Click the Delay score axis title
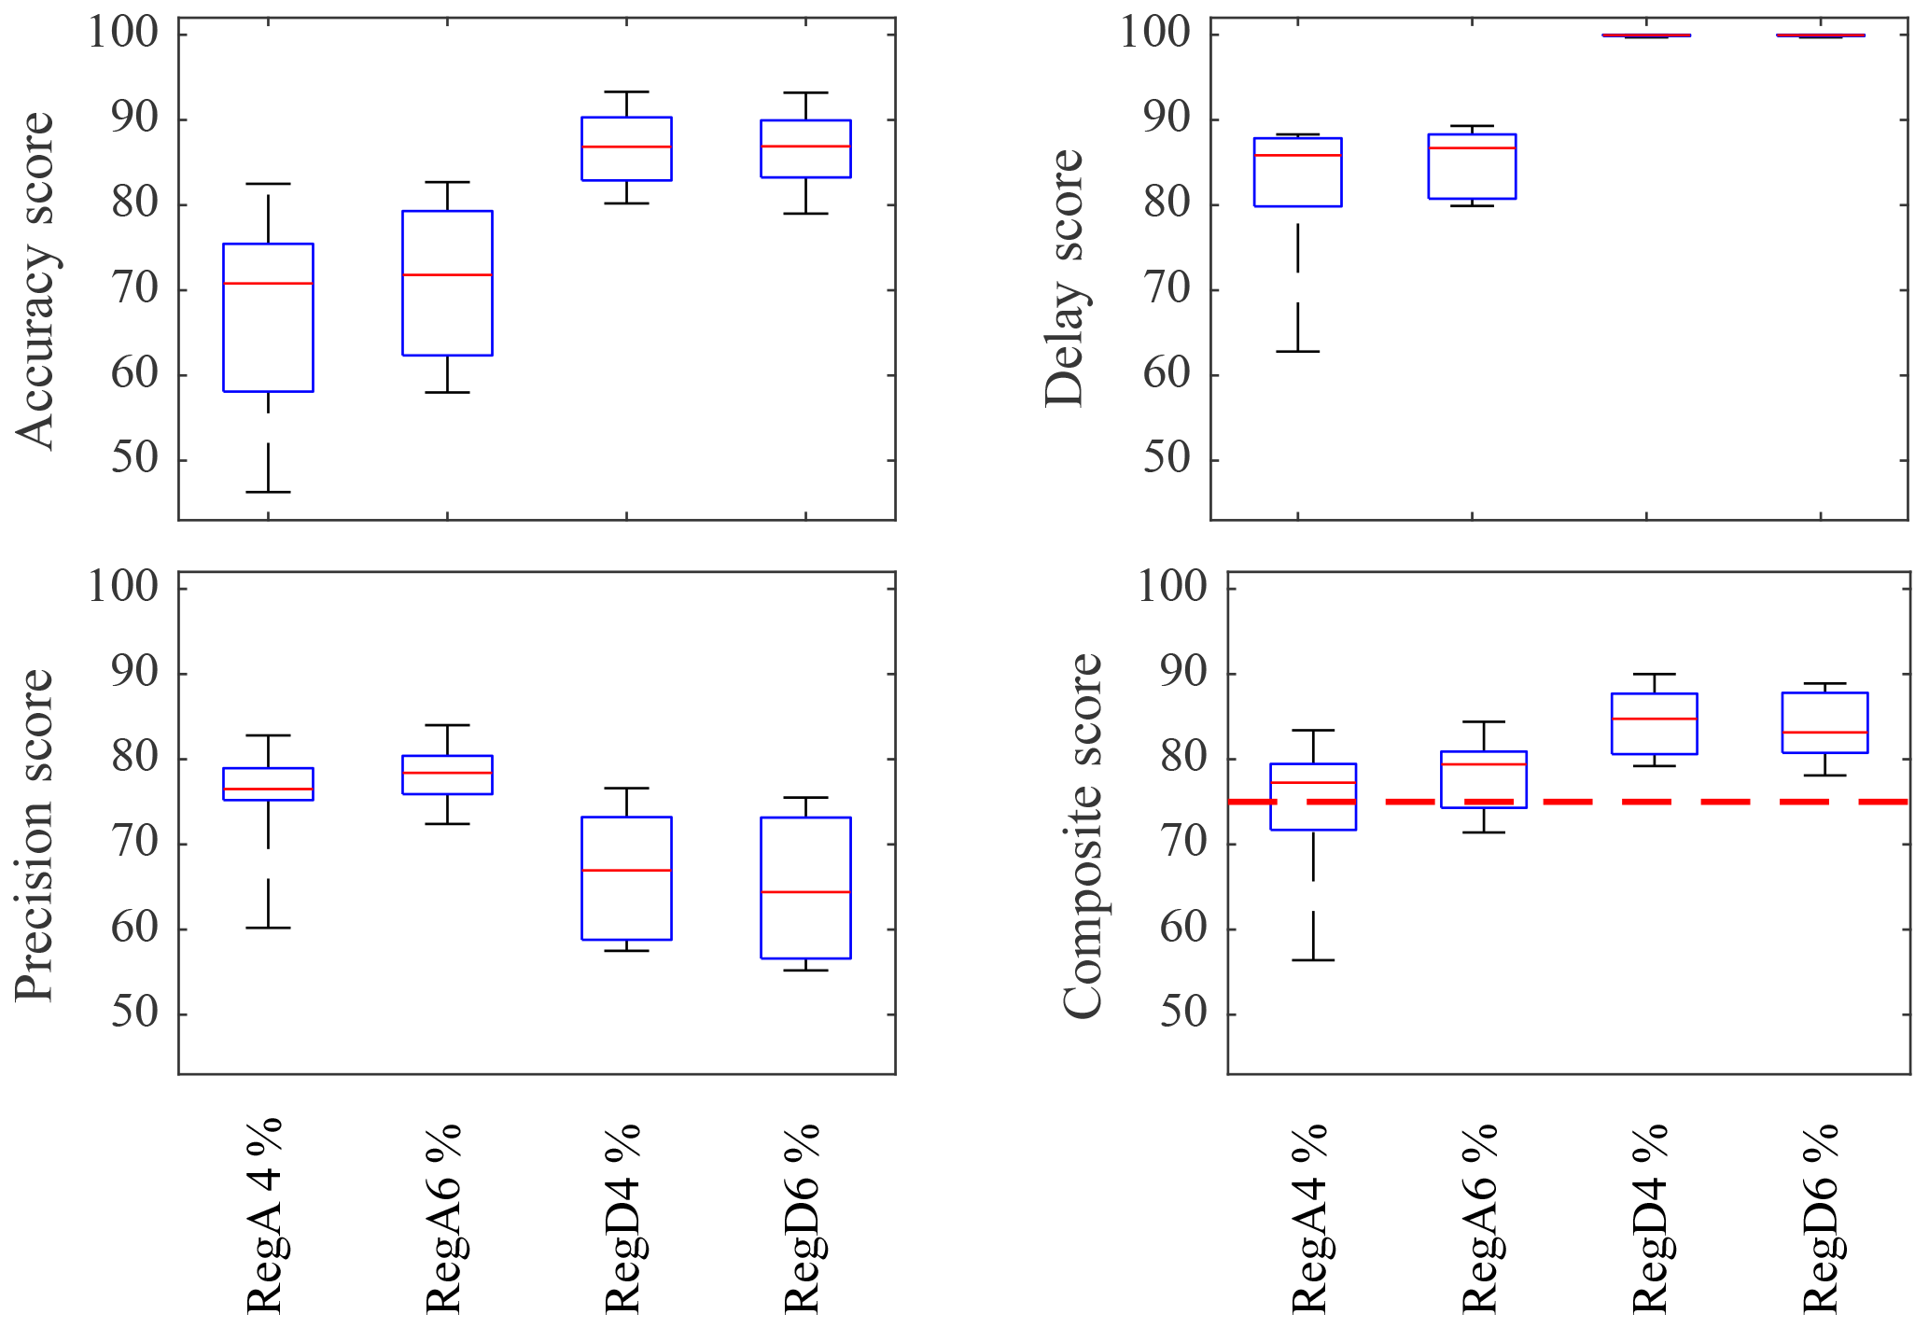pos(1064,278)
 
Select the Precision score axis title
pos(35,835)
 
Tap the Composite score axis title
pos(1083,835)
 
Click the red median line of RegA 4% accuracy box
pos(268,283)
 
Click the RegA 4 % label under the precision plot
pos(264,1213)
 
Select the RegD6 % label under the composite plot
pos(1821,1218)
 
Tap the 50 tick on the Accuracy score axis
pos(135,459)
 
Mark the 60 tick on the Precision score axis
pos(135,929)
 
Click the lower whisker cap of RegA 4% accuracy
pos(268,492)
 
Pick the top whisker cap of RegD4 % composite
pos(1655,674)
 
